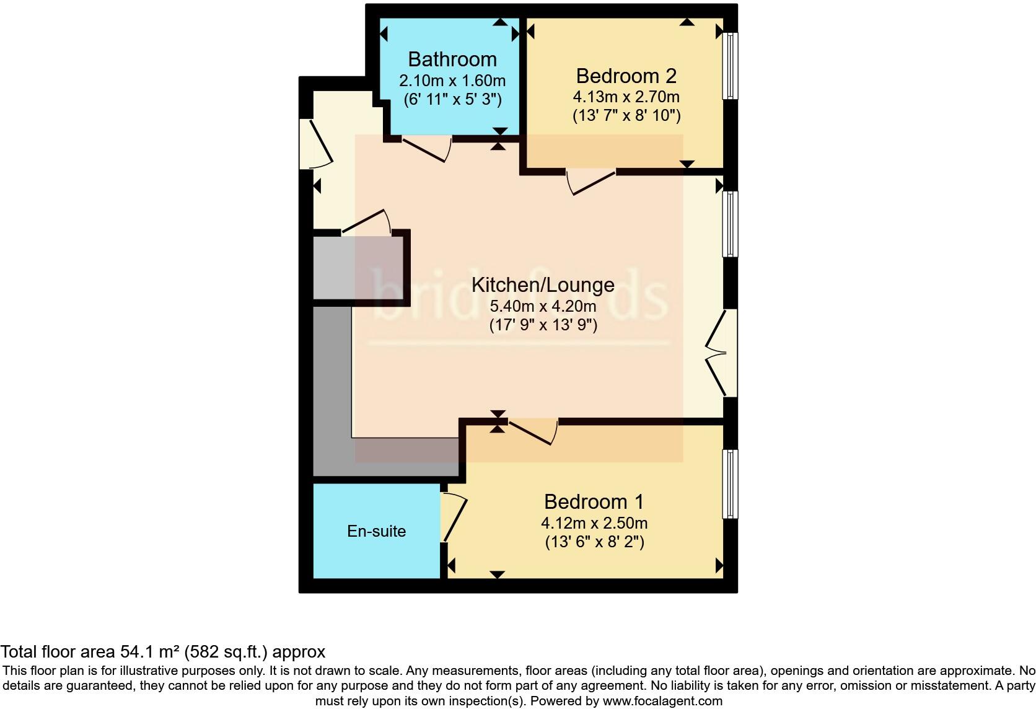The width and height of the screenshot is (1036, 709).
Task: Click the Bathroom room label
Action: pyautogui.click(x=452, y=59)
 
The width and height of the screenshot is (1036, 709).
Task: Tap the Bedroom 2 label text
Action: pyautogui.click(x=626, y=76)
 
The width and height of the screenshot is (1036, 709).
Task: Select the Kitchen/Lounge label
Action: pyautogui.click(x=543, y=285)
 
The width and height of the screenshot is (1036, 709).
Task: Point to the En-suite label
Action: pyautogui.click(x=376, y=531)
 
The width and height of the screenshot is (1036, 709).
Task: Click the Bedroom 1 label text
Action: pyautogui.click(x=594, y=501)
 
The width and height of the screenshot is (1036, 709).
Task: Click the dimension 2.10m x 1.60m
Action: pyautogui.click(x=452, y=81)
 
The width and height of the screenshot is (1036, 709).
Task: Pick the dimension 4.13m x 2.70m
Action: pyautogui.click(x=626, y=97)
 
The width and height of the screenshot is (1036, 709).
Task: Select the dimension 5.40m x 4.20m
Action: pyautogui.click(x=543, y=306)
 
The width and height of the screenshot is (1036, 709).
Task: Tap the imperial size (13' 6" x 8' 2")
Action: pyautogui.click(x=594, y=542)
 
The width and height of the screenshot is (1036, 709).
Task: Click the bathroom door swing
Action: pyautogui.click(x=426, y=149)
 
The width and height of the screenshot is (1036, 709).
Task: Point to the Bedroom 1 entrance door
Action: pyautogui.click(x=533, y=433)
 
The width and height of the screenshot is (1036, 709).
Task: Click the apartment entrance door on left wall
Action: pyautogui.click(x=316, y=144)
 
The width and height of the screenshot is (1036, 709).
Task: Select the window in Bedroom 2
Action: pyautogui.click(x=731, y=66)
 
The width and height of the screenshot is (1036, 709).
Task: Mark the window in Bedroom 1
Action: pyautogui.click(x=731, y=484)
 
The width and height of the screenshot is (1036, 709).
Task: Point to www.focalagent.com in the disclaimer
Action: pyautogui.click(x=662, y=702)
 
